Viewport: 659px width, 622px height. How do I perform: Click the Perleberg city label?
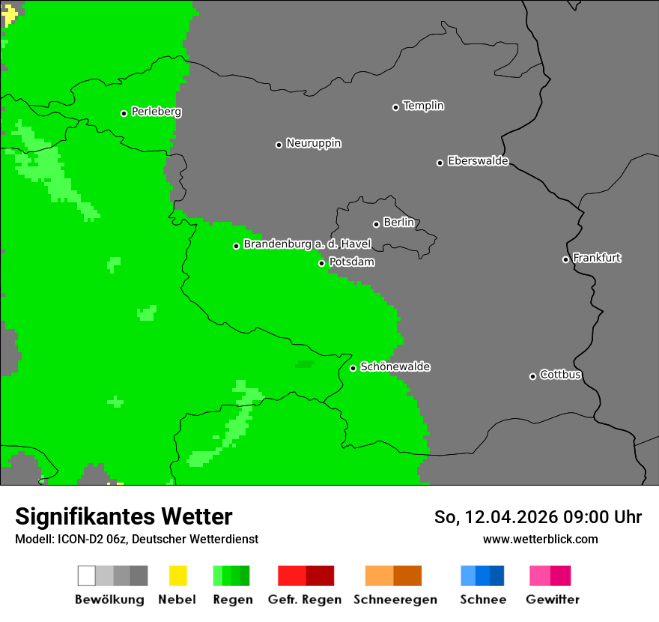point(156,112)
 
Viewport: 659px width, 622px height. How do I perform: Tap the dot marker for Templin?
point(395,107)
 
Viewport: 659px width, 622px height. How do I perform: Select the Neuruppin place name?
point(313,143)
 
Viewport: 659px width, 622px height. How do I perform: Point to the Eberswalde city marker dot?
point(440,163)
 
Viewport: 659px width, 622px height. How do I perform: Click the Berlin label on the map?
point(398,223)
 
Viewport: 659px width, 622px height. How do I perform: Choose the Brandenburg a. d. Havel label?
point(307,244)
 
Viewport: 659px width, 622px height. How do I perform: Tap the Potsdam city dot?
point(321,263)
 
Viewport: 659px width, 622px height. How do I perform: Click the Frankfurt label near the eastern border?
point(597,258)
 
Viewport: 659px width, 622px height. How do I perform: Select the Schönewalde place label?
point(395,366)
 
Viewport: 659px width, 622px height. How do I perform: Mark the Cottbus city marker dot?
point(532,376)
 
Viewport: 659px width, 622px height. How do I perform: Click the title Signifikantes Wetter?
point(124,516)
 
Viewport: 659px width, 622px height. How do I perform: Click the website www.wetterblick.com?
point(540,539)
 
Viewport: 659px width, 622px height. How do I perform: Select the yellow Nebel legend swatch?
point(177,576)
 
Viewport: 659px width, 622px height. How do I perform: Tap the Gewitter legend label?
point(552,600)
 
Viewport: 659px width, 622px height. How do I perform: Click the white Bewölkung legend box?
point(87,576)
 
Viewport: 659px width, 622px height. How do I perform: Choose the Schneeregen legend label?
point(395,600)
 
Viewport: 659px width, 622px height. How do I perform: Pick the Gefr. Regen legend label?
point(304,600)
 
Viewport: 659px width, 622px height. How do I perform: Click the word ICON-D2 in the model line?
point(81,539)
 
